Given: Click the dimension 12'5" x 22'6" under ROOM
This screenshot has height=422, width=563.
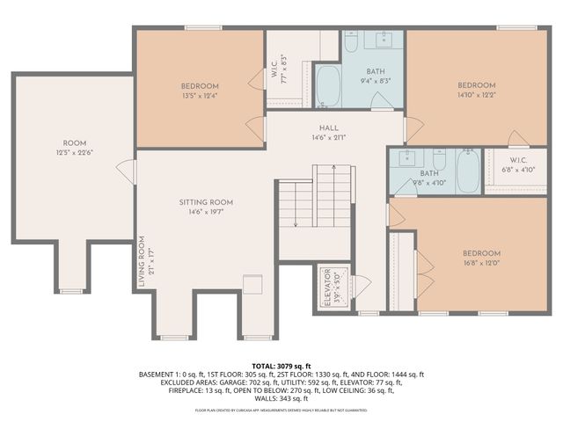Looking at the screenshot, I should [x=75, y=152].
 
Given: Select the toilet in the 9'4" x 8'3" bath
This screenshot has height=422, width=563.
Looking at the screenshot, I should [x=350, y=43].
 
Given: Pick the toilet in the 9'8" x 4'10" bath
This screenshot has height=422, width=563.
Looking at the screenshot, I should [x=439, y=159].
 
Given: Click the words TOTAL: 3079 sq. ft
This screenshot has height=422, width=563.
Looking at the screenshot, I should [x=281, y=365].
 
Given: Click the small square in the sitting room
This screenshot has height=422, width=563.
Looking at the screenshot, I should [x=252, y=284].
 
